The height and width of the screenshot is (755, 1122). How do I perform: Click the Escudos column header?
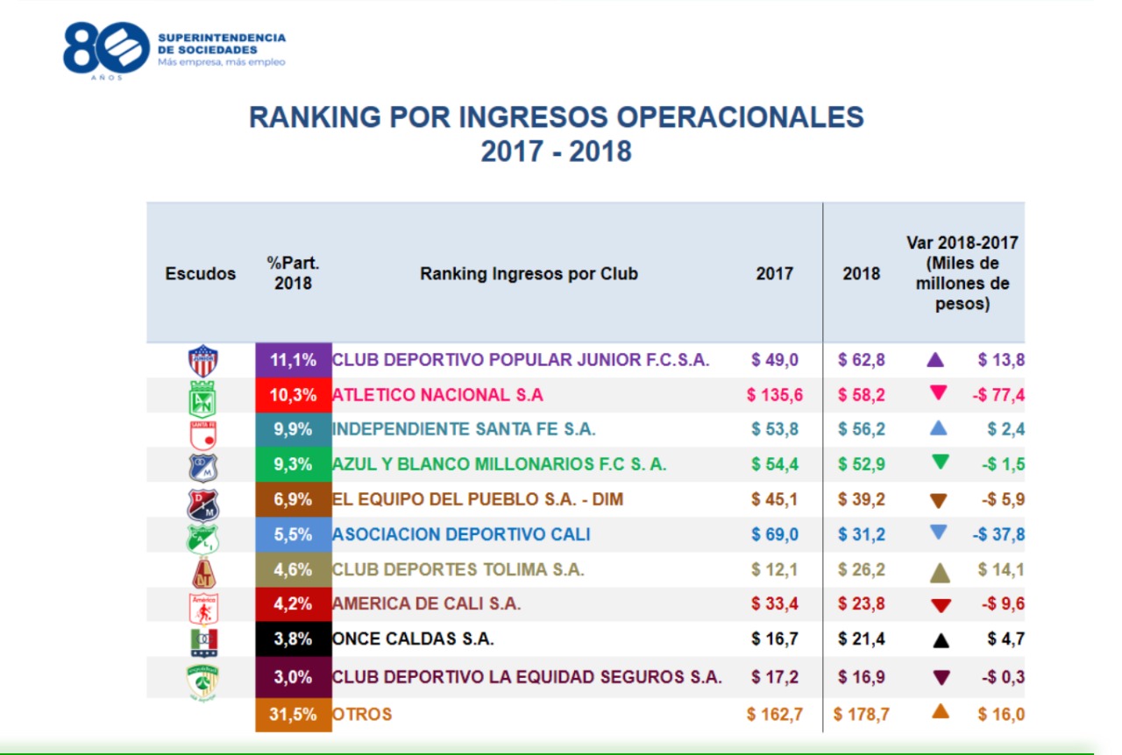201,273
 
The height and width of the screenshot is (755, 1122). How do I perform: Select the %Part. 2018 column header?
293,272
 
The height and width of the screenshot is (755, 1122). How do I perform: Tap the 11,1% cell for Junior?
293,360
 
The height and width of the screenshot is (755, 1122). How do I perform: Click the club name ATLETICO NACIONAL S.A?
437,395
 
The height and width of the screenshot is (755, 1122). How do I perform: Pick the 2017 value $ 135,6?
775,395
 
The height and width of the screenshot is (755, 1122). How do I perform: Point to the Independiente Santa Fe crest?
203,430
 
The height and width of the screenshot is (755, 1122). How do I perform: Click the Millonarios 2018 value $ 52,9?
862,465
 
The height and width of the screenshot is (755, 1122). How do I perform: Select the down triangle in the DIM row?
939,500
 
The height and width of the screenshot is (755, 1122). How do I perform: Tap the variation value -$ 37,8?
998,534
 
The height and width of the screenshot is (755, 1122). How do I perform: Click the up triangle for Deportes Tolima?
940,572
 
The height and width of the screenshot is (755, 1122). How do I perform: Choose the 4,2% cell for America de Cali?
293,604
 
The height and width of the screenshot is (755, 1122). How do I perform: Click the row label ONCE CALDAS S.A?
413,639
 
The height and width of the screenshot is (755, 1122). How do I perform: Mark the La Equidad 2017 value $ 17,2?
775,677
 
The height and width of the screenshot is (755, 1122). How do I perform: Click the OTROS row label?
362,715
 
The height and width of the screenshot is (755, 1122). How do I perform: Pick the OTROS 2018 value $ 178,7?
862,715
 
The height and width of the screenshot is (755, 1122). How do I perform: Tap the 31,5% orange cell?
293,715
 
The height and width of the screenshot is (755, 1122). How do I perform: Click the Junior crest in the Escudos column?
203,360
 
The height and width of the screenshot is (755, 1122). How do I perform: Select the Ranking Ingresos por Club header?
529,273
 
